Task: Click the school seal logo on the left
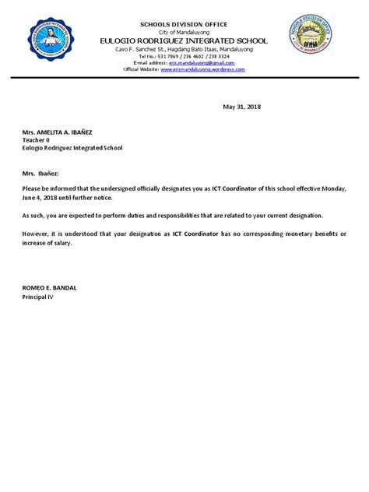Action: click(x=53, y=46)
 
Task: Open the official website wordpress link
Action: click(x=203, y=69)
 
